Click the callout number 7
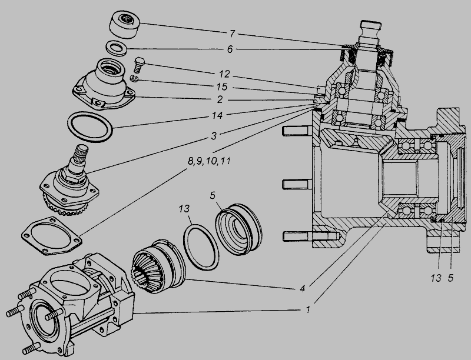[x=231, y=34]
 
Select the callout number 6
[x=230, y=49]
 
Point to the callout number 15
[x=222, y=87]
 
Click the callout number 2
[x=220, y=99]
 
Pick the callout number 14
[x=217, y=115]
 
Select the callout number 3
[x=213, y=136]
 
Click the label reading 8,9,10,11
[x=210, y=161]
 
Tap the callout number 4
[x=302, y=289]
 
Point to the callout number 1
[x=307, y=309]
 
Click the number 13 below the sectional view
[x=435, y=278]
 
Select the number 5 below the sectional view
[x=450, y=278]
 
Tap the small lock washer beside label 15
[x=134, y=79]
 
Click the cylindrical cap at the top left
[x=125, y=25]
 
